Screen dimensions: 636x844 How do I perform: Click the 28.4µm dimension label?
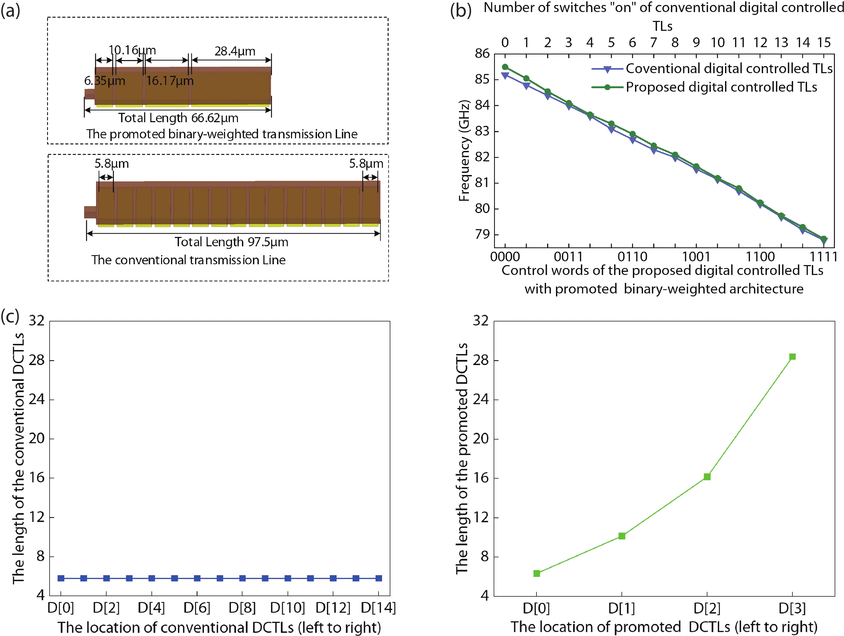click(235, 51)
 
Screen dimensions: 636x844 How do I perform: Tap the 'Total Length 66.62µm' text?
click(178, 118)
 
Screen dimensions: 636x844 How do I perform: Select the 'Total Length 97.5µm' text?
click(231, 242)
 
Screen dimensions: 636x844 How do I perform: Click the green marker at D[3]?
click(792, 356)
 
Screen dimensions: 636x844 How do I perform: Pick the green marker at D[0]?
click(536, 573)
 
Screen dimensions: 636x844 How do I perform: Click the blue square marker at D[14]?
click(379, 578)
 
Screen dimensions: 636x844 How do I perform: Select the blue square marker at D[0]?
click(61, 578)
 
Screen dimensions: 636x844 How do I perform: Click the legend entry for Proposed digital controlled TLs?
click(721, 87)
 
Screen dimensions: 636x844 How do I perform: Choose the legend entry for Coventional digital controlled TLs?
click(729, 69)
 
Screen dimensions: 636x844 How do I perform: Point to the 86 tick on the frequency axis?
click(482, 54)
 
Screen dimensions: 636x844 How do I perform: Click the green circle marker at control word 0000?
click(505, 67)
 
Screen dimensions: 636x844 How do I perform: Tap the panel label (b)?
click(461, 11)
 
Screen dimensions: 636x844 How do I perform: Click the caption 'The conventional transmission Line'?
click(188, 260)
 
